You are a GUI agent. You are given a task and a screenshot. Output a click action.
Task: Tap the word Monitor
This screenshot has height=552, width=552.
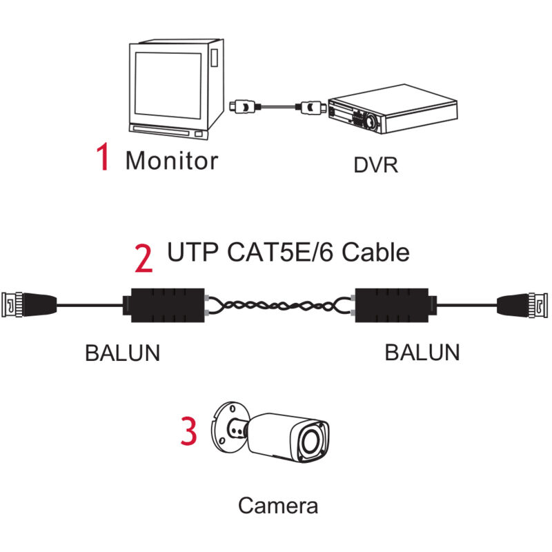point(171,160)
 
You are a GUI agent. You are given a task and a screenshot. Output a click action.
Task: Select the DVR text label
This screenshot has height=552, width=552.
point(375,166)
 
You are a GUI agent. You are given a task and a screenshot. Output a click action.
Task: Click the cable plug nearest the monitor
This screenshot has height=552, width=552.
point(241,107)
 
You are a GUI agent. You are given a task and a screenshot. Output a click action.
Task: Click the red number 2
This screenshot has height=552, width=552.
point(144,258)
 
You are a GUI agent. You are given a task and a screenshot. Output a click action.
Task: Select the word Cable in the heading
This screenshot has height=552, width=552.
point(375,252)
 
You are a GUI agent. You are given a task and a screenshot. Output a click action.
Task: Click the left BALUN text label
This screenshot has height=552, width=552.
point(122,352)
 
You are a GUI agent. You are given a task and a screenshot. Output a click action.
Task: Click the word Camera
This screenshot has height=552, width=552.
point(278,505)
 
